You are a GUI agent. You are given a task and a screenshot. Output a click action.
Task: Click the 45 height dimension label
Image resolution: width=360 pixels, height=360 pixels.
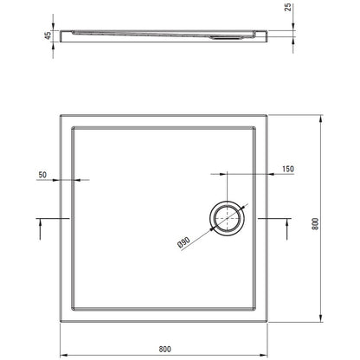click(48, 35)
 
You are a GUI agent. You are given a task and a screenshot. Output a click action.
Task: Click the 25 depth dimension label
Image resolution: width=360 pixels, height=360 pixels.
click(288, 7)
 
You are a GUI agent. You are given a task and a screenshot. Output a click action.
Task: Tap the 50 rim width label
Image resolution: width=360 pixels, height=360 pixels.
click(42, 175)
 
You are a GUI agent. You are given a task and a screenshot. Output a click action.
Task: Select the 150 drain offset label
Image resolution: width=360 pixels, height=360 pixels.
click(288, 169)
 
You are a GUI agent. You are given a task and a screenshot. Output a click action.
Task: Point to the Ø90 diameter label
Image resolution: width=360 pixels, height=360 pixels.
click(183, 242)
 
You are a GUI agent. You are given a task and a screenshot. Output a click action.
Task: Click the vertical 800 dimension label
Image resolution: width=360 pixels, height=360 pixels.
click(316, 224)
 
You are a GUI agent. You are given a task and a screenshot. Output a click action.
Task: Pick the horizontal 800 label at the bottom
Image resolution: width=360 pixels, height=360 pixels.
click(164, 349)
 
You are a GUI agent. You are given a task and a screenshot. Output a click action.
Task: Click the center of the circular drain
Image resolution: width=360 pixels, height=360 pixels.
click(228, 218)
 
